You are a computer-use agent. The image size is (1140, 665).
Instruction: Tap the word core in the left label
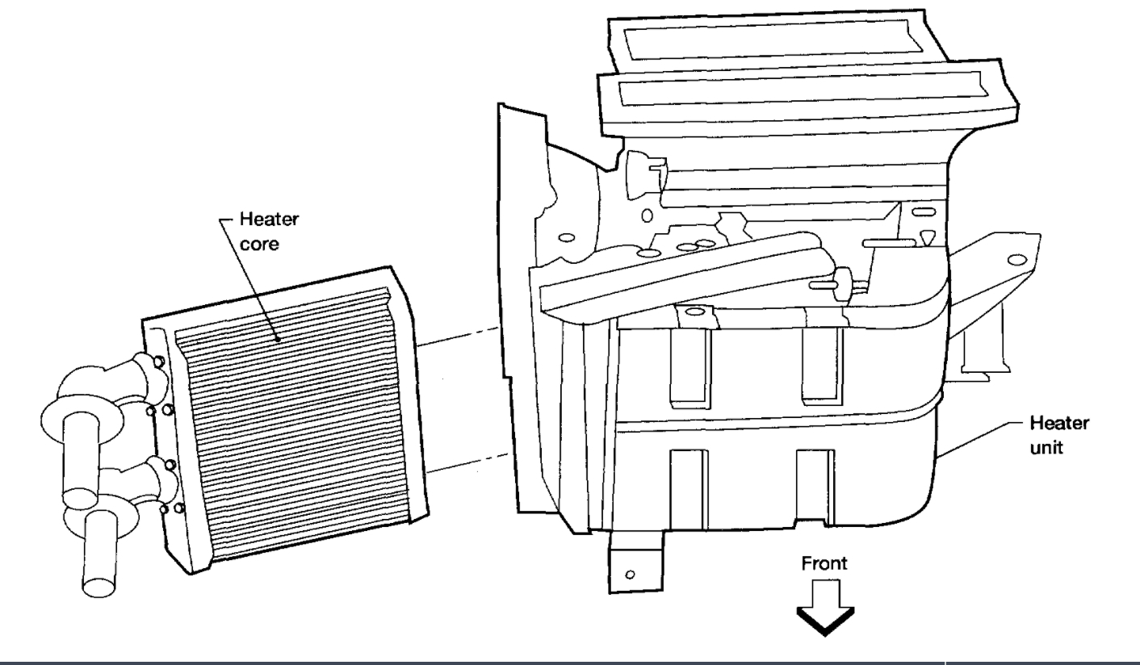(x=257, y=246)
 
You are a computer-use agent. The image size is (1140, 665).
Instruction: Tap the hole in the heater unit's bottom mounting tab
(x=630, y=576)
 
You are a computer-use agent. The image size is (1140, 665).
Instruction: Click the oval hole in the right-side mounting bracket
(x=1013, y=260)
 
